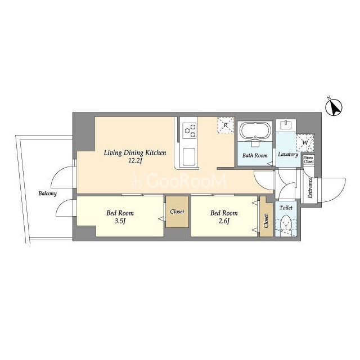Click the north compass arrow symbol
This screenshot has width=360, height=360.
(x=334, y=107)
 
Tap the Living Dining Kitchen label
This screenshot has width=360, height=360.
(x=135, y=152)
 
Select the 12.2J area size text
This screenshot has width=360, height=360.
(x=135, y=161)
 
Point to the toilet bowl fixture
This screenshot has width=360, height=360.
(x=286, y=224)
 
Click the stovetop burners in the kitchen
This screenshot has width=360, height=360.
(x=190, y=130)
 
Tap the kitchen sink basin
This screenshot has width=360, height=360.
(x=189, y=156)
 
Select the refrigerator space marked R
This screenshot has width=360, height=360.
(x=226, y=125)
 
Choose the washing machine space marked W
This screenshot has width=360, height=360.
(x=305, y=142)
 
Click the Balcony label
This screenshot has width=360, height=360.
(x=47, y=193)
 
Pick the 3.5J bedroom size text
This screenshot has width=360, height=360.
(x=120, y=221)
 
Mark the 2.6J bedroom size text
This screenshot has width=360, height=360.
(x=224, y=221)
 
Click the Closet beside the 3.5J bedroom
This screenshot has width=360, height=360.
(x=177, y=211)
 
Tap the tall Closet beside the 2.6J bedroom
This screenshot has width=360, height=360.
(x=266, y=217)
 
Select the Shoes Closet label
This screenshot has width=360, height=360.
(x=309, y=160)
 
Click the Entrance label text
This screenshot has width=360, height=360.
(x=310, y=187)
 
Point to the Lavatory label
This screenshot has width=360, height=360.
(x=288, y=154)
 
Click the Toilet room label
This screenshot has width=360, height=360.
(x=286, y=208)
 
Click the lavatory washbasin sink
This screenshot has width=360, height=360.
(x=286, y=125)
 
